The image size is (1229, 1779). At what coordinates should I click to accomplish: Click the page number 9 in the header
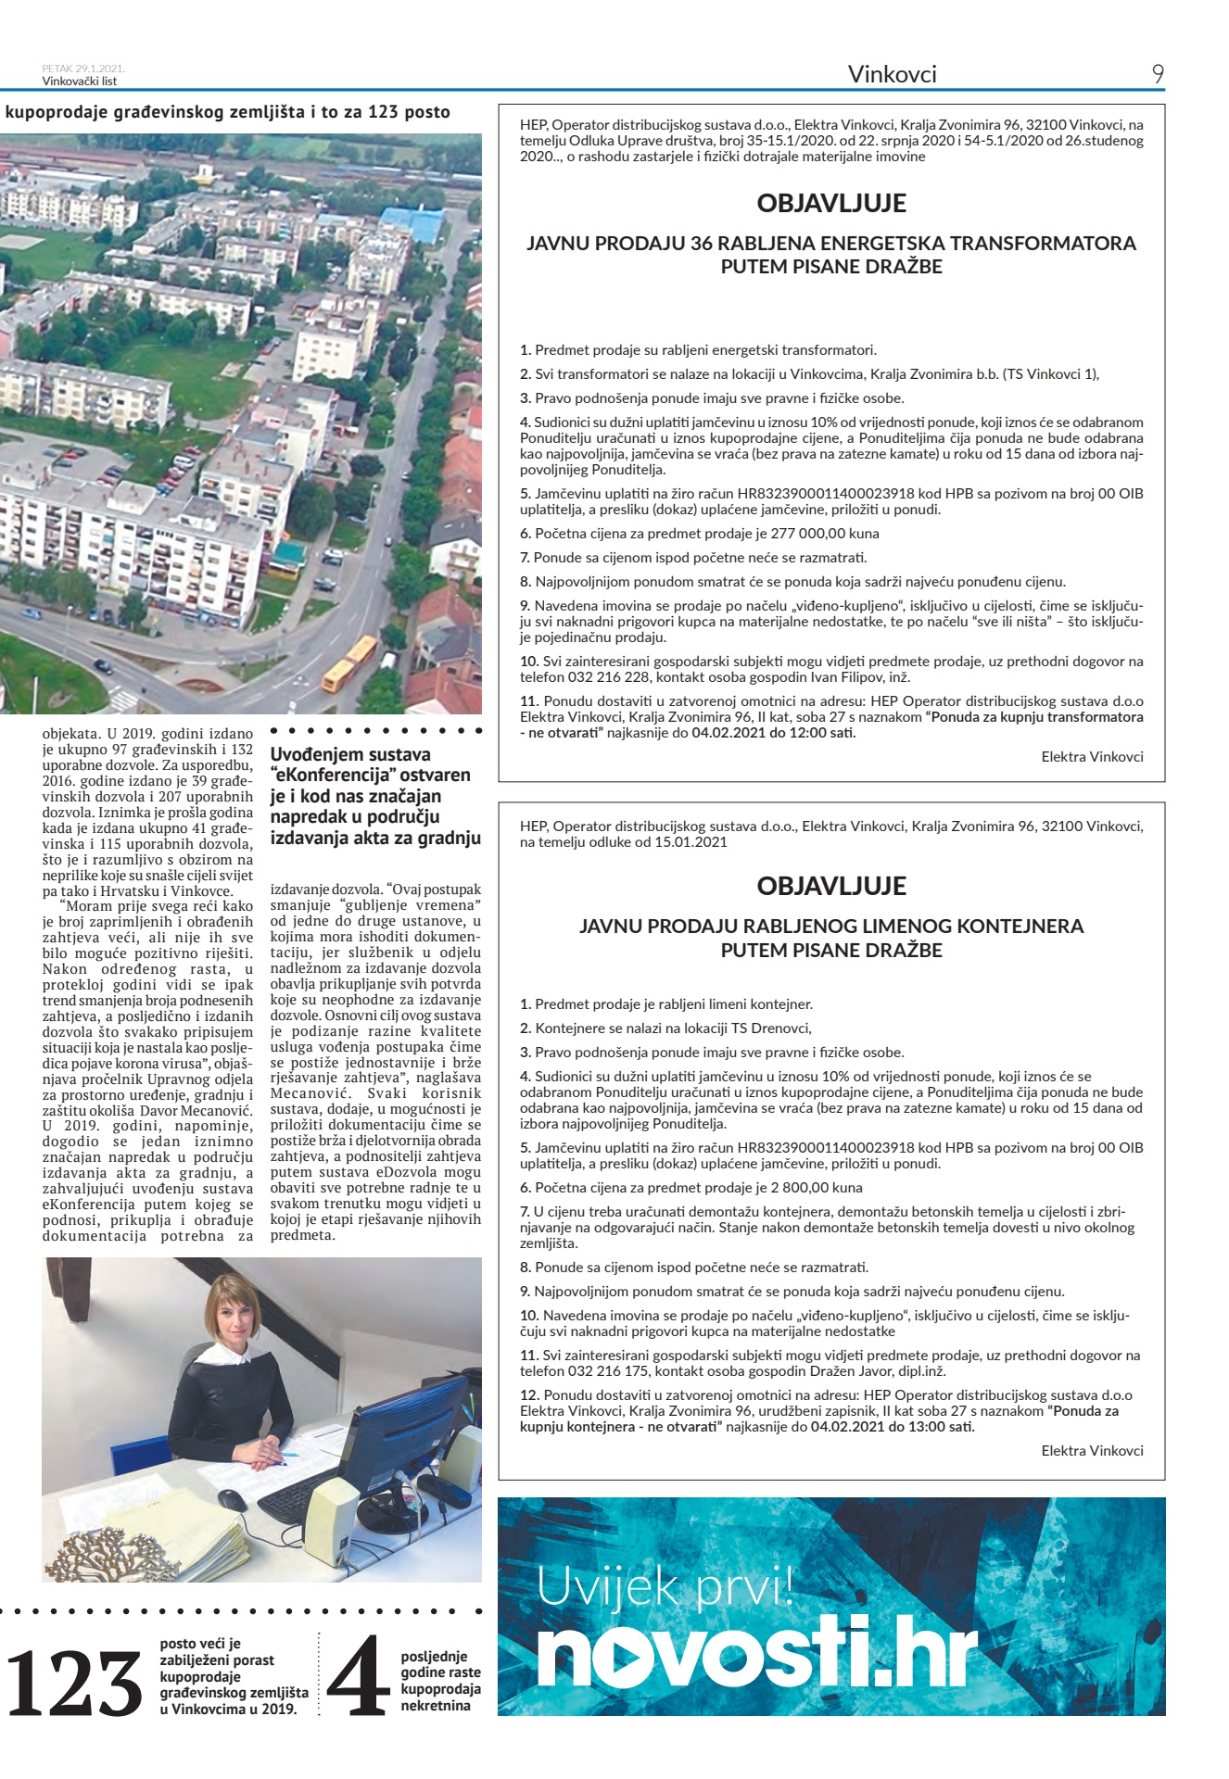tap(1158, 74)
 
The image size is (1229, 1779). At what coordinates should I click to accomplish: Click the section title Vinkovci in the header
tap(892, 74)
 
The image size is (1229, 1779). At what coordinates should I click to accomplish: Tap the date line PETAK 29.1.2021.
tap(83, 69)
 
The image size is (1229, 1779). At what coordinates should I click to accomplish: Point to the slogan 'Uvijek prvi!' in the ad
tap(665, 1587)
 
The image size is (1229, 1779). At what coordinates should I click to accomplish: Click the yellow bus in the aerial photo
tap(349, 663)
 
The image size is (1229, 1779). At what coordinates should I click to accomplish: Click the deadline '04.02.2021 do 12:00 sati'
tap(774, 733)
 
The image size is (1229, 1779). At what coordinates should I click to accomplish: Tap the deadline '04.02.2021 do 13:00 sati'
tap(893, 1427)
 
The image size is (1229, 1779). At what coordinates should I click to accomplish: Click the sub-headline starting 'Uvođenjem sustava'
tap(374, 796)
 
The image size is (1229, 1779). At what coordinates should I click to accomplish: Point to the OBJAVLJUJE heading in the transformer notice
tap(831, 203)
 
